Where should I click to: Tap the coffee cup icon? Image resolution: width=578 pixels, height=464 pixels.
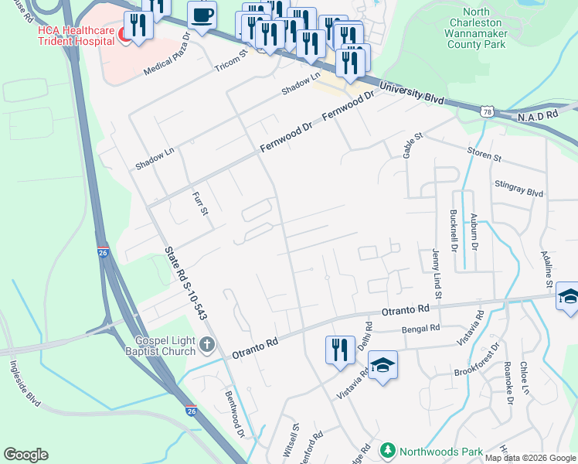[202, 15]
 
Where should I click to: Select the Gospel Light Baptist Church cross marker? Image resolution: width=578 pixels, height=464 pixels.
[206, 343]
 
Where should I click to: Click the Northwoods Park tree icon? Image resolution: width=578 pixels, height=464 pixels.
[387, 450]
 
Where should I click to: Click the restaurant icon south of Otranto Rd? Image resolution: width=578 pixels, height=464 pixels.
[338, 350]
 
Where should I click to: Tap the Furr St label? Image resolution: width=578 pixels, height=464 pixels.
[199, 204]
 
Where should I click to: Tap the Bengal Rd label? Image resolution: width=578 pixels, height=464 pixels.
[420, 329]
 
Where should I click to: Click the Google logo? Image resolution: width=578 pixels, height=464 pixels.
[25, 455]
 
